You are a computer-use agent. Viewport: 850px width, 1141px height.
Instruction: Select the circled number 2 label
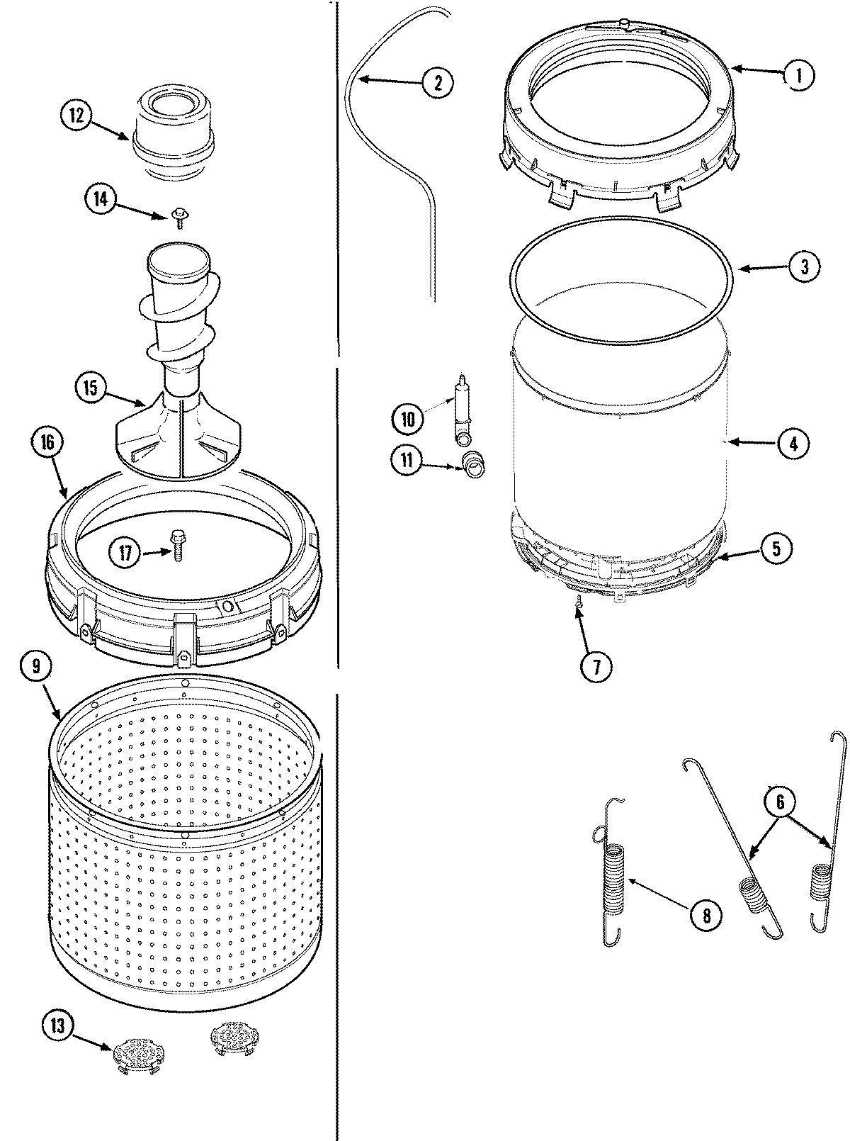436,82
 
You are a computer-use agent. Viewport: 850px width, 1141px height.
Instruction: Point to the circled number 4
793,444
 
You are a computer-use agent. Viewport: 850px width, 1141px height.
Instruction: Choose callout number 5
776,548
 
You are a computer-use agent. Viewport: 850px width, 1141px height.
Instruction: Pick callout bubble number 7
594,666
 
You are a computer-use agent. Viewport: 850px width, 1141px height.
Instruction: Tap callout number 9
39,666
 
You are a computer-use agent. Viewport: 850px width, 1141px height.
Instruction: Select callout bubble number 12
76,115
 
